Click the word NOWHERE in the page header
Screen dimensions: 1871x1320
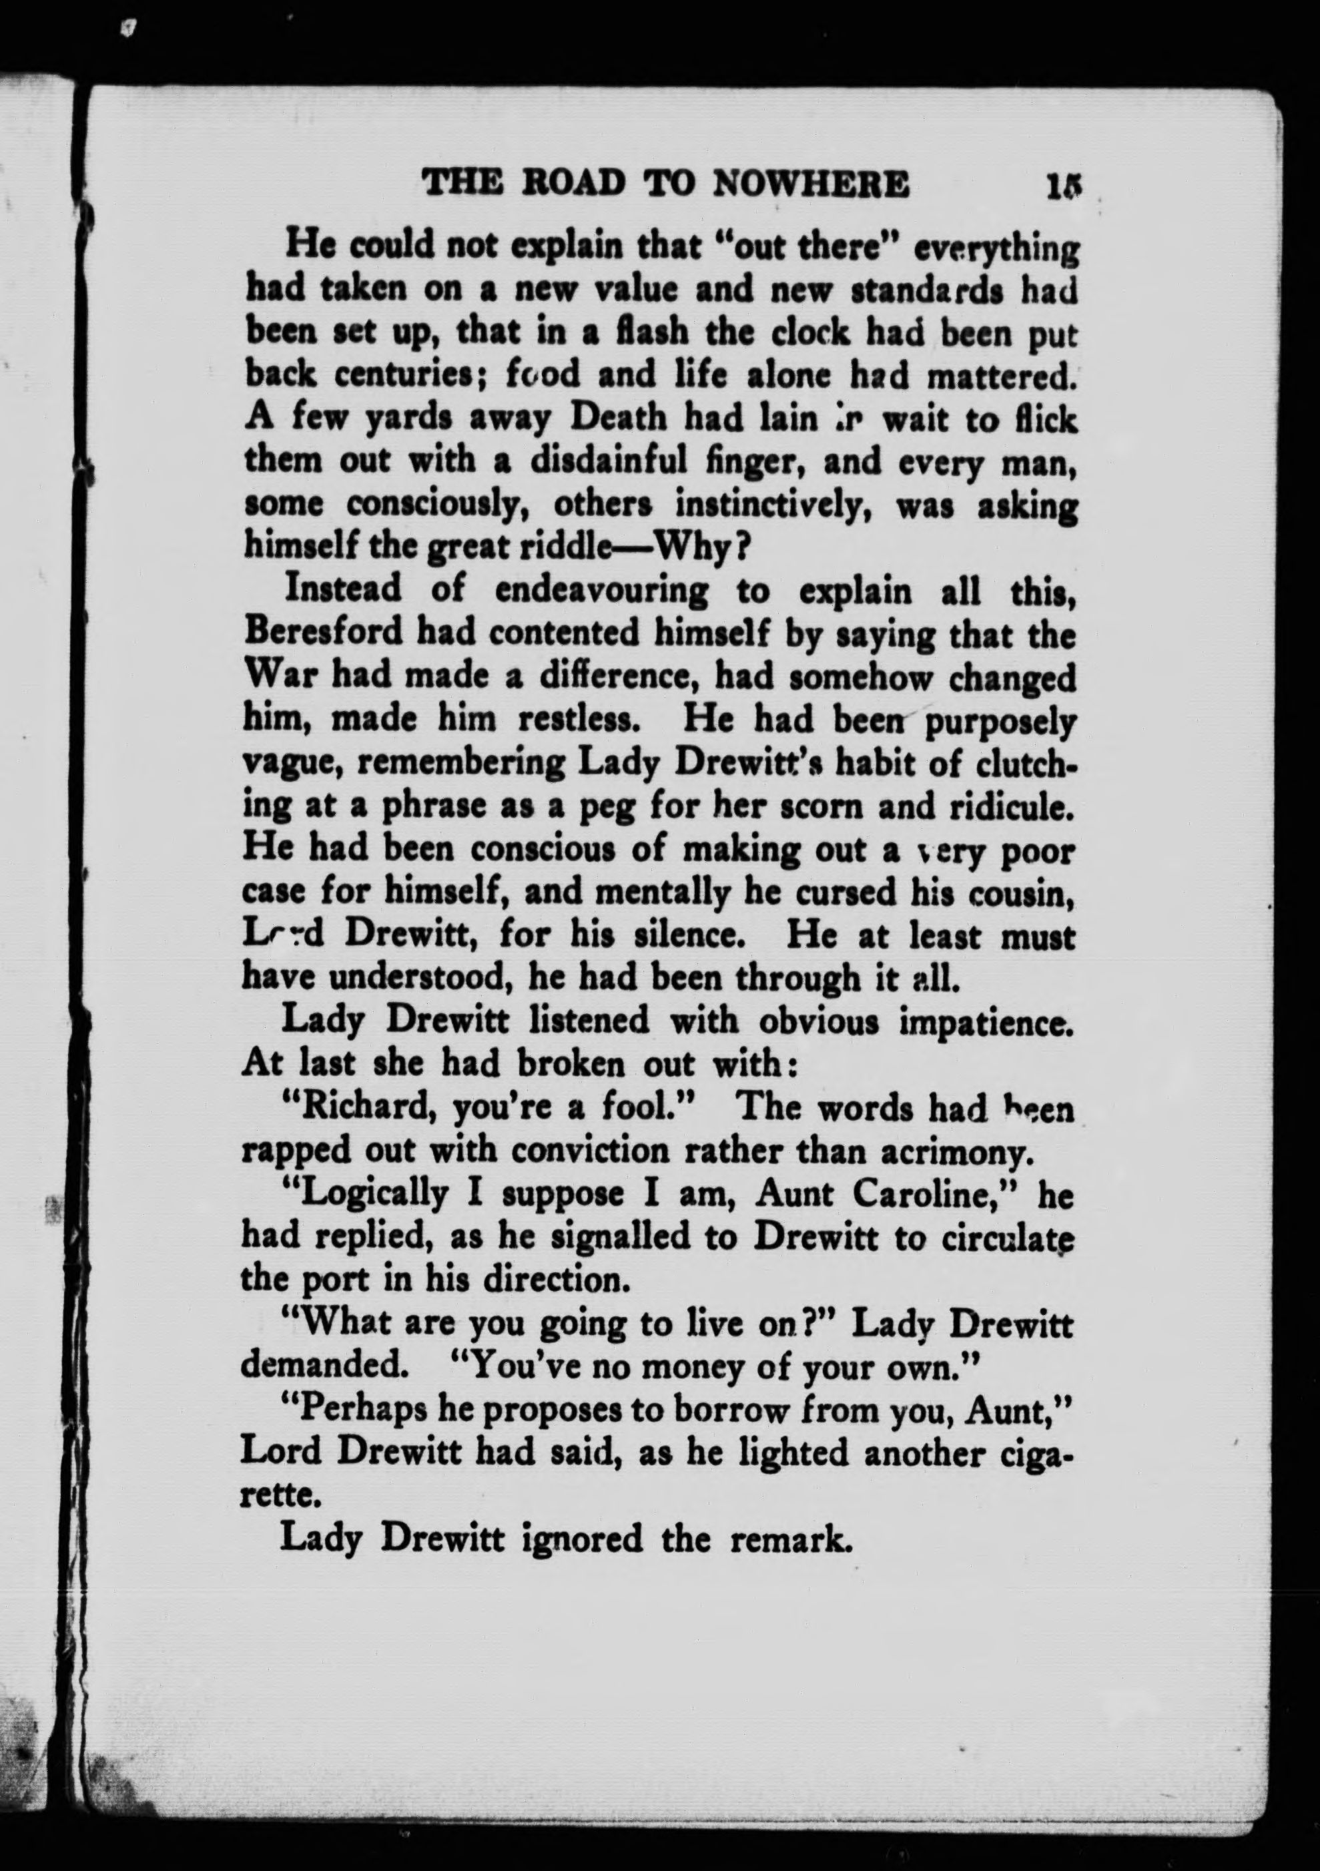pos(811,184)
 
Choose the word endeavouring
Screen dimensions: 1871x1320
pos(601,590)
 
